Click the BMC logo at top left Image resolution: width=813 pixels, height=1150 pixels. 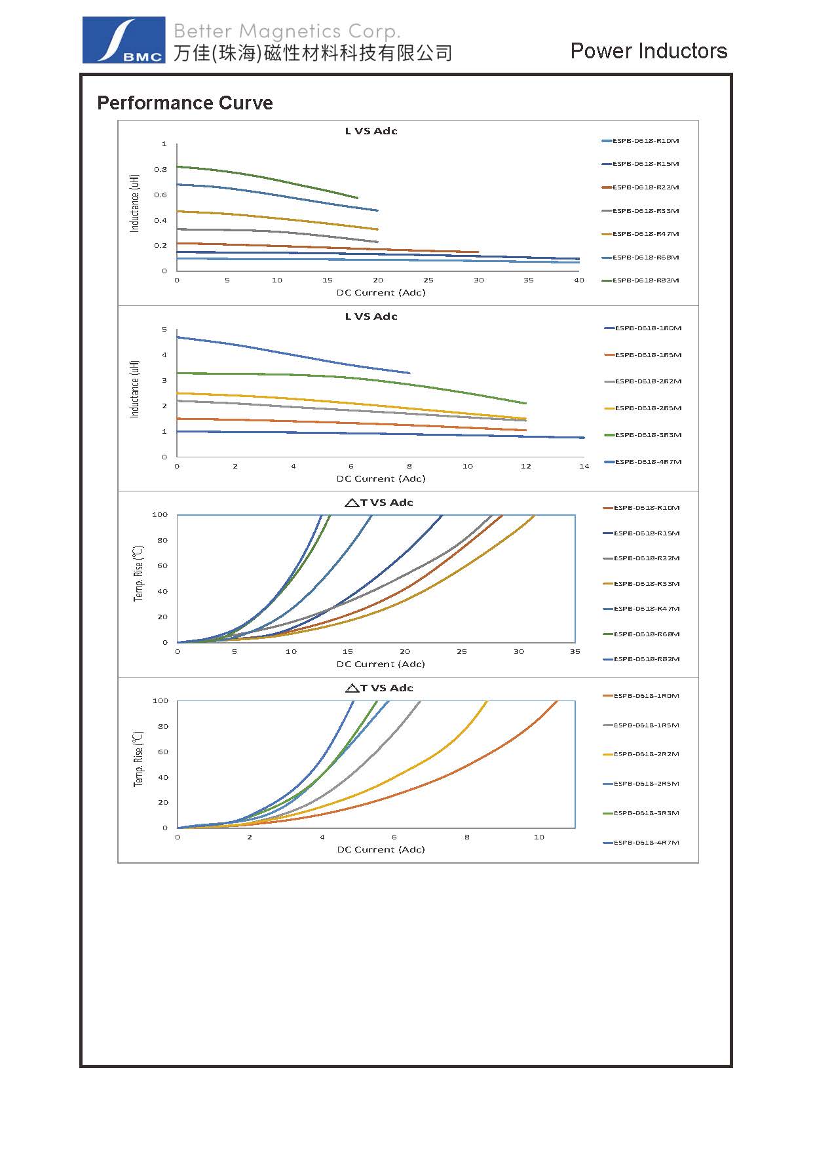click(123, 40)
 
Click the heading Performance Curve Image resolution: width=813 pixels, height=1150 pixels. click(185, 103)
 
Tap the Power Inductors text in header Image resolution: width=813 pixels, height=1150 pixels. click(649, 51)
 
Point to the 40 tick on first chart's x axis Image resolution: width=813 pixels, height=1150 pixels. click(579, 280)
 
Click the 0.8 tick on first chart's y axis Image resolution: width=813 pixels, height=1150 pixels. click(161, 169)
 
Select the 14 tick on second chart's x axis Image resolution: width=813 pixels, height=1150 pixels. click(584, 467)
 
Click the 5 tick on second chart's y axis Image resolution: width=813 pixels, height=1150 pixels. click(164, 330)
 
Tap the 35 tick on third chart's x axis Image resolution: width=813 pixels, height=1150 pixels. click(575, 652)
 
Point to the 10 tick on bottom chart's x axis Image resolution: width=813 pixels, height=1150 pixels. click(539, 837)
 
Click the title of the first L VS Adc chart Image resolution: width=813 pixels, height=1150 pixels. click(371, 131)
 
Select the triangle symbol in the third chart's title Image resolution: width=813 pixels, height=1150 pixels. click(351, 503)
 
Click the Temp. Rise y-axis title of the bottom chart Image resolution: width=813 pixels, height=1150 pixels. click(138, 759)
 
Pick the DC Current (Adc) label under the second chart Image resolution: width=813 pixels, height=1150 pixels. click(381, 478)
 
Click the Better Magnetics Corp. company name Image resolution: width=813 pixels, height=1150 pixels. click(286, 31)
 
